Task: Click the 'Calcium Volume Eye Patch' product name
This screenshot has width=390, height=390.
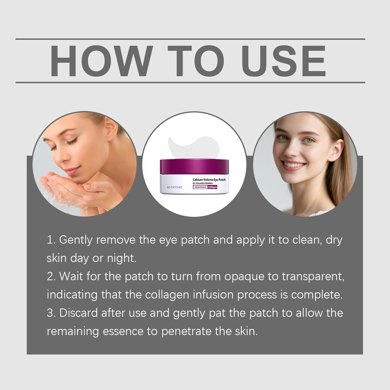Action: tap(209, 180)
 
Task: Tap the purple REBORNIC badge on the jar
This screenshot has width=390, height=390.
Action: tap(200, 187)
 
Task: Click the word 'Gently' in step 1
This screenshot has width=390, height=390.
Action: tap(76, 240)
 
